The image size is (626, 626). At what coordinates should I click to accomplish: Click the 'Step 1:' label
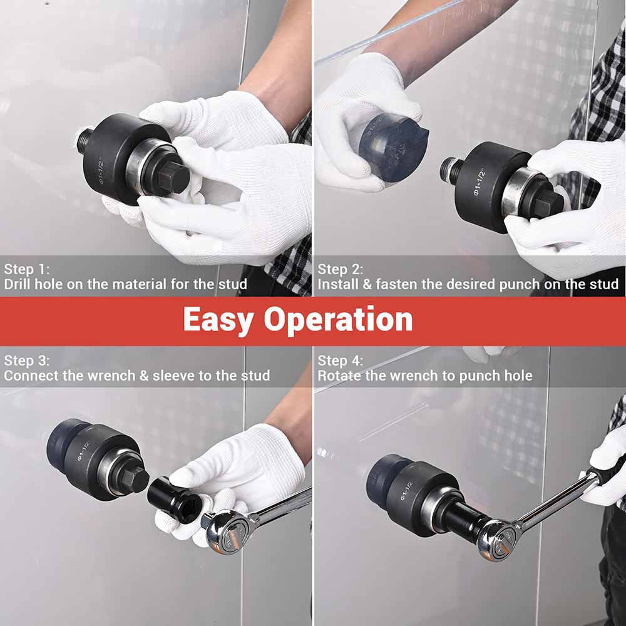(x=26, y=270)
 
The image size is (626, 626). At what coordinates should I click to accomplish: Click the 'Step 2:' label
(x=340, y=270)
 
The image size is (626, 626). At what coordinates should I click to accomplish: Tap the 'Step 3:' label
(x=26, y=361)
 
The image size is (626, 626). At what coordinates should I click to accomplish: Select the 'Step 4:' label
(x=340, y=361)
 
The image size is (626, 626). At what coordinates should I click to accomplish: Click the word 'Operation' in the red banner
(x=338, y=320)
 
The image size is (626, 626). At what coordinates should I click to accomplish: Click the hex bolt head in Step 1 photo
(x=172, y=177)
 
